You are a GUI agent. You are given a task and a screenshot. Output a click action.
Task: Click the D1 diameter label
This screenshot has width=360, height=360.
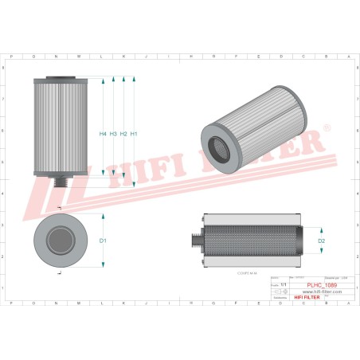click(x=102, y=240)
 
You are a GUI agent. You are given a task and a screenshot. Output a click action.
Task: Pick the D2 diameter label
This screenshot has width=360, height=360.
click(x=322, y=240)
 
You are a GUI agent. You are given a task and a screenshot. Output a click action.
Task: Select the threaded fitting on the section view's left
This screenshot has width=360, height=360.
click(x=195, y=241)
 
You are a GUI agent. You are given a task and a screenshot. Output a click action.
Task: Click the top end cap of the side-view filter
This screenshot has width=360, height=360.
click(x=54, y=80)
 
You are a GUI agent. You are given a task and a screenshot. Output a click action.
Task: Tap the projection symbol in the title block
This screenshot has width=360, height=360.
click(x=279, y=293)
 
